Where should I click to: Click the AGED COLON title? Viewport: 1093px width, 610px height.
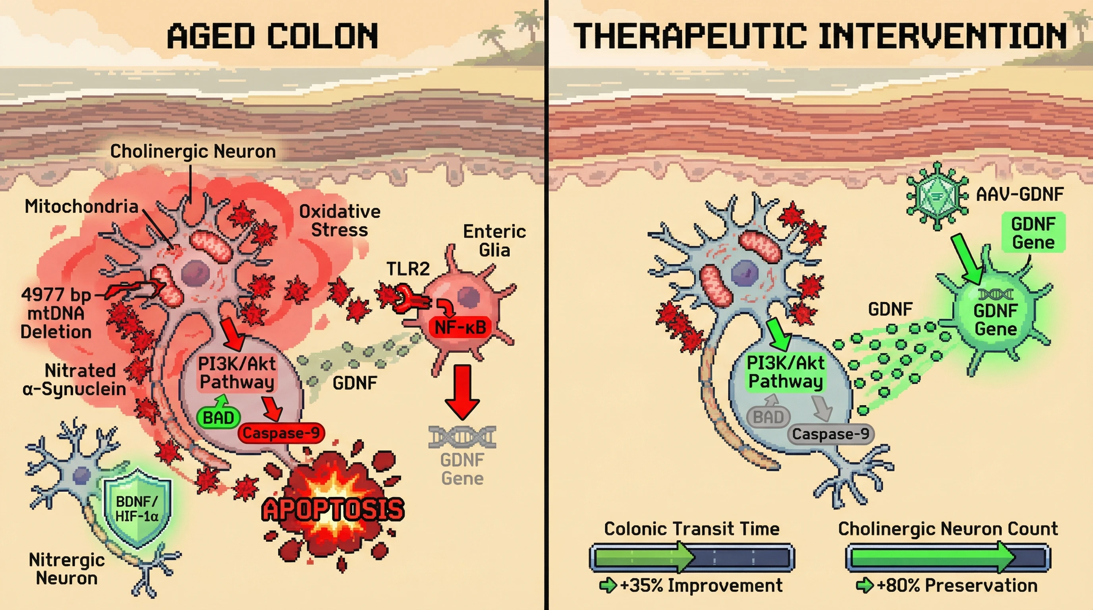click(x=272, y=37)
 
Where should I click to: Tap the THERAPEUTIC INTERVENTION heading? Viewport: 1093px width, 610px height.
click(x=820, y=37)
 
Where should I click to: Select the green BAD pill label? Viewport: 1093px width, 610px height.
click(x=218, y=418)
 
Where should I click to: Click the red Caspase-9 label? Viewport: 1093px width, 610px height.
click(x=281, y=433)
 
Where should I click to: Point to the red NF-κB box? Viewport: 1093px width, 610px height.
click(x=460, y=327)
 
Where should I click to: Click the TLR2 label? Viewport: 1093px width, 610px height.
click(x=408, y=269)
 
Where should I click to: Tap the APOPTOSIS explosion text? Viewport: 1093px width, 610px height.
click(x=333, y=509)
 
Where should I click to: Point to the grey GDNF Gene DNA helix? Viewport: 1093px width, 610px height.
click(x=462, y=436)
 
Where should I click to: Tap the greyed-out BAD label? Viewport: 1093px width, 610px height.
click(x=768, y=417)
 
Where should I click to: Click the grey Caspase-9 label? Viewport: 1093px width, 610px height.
click(x=830, y=434)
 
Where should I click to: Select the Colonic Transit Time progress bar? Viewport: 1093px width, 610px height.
click(x=691, y=557)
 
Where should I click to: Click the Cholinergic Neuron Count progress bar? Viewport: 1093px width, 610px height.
click(x=948, y=557)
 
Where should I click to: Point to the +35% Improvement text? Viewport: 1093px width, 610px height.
click(x=701, y=585)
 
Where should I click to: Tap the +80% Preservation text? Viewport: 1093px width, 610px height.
click(x=957, y=585)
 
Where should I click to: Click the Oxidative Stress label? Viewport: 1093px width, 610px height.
click(x=340, y=220)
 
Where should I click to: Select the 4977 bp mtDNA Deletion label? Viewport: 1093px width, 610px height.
click(x=56, y=313)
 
